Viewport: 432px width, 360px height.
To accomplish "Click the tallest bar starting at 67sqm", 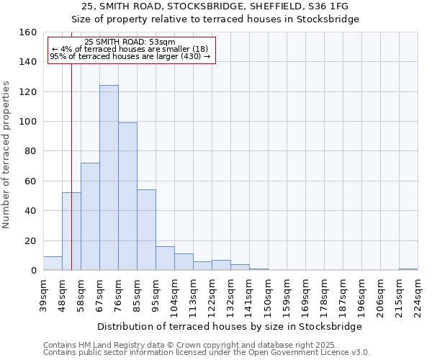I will (x=109, y=178).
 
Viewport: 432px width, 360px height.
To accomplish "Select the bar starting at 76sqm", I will (x=127, y=197).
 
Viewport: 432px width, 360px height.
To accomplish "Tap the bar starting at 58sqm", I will (x=90, y=217).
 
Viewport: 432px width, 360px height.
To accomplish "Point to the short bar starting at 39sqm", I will (x=53, y=264).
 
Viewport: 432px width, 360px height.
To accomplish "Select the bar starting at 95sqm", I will (x=165, y=258).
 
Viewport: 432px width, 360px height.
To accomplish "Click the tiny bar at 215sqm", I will (x=408, y=269).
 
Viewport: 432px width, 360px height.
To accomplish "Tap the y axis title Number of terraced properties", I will (x=7, y=155).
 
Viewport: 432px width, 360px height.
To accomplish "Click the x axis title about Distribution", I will (x=230, y=326).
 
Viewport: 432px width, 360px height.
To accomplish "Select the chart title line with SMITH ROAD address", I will (x=215, y=6).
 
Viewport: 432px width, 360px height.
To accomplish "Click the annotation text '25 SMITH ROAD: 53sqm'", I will (x=130, y=42).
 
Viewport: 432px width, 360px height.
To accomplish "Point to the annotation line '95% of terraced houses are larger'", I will (x=130, y=56).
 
